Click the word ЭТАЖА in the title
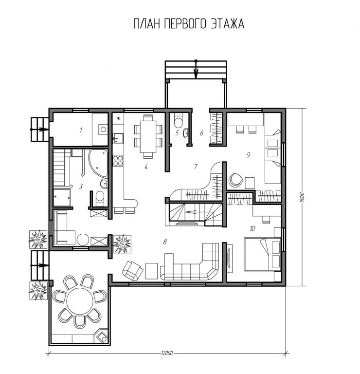(228, 24)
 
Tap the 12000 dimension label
(167, 353)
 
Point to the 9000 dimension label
(302, 197)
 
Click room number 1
(81, 130)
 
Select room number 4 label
(146, 167)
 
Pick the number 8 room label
(165, 242)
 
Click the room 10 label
(252, 228)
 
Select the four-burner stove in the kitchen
(118, 161)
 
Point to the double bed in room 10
(262, 254)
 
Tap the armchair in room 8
(132, 270)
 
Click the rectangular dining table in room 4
(148, 136)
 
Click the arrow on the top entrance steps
(196, 70)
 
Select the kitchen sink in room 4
(118, 138)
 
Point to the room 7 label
(196, 166)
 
